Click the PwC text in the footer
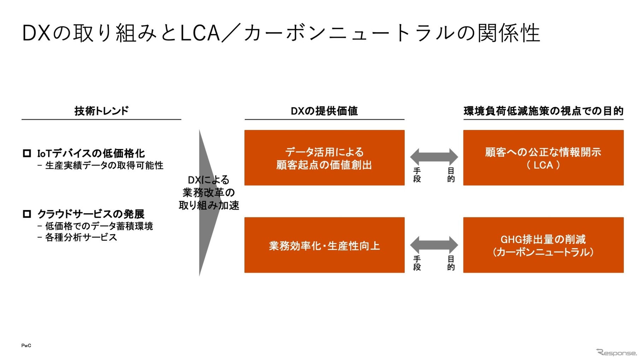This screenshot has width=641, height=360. pos(26,346)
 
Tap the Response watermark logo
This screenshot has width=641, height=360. pos(616,352)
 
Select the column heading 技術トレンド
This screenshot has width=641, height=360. pos(101,111)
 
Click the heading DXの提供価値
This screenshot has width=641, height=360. pos(324,111)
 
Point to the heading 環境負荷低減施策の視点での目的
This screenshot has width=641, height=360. pos(543,111)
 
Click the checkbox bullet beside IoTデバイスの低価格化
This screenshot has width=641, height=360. pos(27,153)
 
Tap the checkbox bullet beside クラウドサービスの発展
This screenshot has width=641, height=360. pos(27,214)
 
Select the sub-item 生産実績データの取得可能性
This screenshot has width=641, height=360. pos(104,166)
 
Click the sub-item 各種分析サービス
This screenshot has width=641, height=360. pos(81,238)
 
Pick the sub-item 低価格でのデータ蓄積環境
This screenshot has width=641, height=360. pos(99,226)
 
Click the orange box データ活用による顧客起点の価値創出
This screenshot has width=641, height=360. pos(324,158)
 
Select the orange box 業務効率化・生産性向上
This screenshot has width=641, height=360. pos(324,245)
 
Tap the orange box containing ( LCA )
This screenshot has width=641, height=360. pos(543,158)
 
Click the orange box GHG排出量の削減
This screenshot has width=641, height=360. pos(543,245)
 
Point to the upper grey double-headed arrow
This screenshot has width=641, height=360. pos(434,156)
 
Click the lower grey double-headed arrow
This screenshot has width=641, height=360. pos(434,245)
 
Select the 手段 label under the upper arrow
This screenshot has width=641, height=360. pos(417,175)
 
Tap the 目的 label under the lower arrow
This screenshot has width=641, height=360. pos(451,263)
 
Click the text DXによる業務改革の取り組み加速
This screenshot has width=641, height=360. pos(209,192)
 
